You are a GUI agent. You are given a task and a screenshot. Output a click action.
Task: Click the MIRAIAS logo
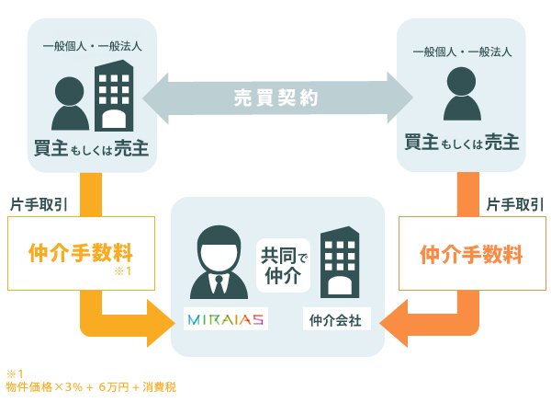(x=226, y=319)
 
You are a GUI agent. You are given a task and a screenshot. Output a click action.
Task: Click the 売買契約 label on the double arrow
(x=276, y=98)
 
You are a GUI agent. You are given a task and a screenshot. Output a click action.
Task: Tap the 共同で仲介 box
(x=283, y=266)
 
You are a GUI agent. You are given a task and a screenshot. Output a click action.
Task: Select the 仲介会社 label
(x=335, y=320)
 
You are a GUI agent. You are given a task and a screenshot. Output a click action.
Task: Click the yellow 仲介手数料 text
(x=81, y=252)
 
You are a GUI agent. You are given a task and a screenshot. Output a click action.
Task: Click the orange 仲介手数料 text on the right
(x=472, y=254)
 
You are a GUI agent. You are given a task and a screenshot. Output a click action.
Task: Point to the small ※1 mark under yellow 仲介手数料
(x=123, y=270)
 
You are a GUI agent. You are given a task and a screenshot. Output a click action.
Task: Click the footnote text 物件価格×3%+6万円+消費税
(x=91, y=387)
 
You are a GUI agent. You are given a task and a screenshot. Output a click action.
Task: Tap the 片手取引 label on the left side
(x=39, y=204)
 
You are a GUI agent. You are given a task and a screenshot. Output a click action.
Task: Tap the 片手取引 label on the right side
(x=515, y=204)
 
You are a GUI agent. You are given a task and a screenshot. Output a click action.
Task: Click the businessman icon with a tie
(x=219, y=262)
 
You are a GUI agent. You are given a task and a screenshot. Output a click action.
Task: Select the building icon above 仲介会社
(x=340, y=262)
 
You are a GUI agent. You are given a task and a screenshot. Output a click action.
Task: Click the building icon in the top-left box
(x=114, y=96)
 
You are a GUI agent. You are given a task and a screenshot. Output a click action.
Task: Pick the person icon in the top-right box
(x=462, y=94)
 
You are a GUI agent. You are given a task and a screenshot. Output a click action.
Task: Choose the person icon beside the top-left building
(x=70, y=103)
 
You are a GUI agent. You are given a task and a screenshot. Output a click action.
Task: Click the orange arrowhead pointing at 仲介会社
(x=394, y=323)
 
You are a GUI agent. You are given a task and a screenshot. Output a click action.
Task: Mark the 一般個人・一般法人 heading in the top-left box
(x=93, y=46)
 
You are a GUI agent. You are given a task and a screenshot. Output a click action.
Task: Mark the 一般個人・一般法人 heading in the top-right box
(x=462, y=52)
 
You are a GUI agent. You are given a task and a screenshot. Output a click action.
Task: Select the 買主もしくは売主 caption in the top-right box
(x=462, y=143)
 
